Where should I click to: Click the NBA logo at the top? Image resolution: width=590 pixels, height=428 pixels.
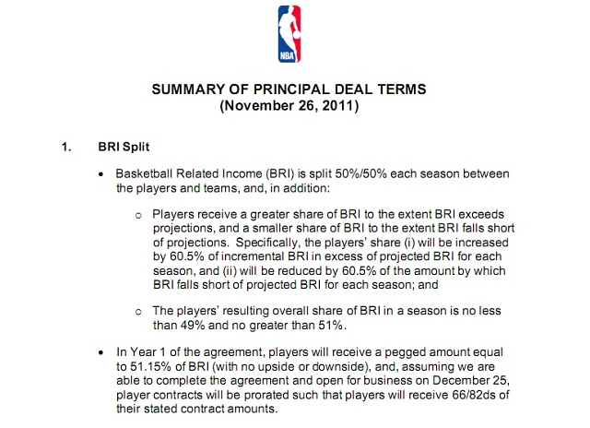289,34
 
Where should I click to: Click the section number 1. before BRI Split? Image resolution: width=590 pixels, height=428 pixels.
66,146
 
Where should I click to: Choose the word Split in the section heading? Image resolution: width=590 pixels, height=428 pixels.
141,146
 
